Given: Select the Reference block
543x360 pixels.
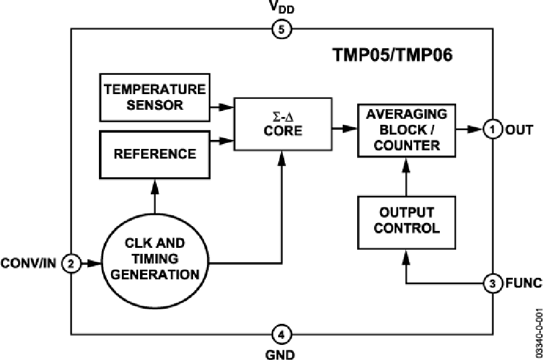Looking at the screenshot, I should tap(155, 154).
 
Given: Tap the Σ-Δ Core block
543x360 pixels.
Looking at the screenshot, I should tap(282, 123).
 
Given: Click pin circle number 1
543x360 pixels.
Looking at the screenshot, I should tap(494, 129).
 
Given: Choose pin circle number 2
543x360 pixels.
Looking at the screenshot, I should tap(72, 263).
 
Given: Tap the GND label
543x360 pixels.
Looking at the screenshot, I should tap(281, 353).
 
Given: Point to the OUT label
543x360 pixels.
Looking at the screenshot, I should tap(518, 129).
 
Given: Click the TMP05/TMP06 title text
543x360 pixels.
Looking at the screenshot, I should tap(393, 55).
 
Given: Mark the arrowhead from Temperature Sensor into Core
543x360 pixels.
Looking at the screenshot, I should tap(225, 106).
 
